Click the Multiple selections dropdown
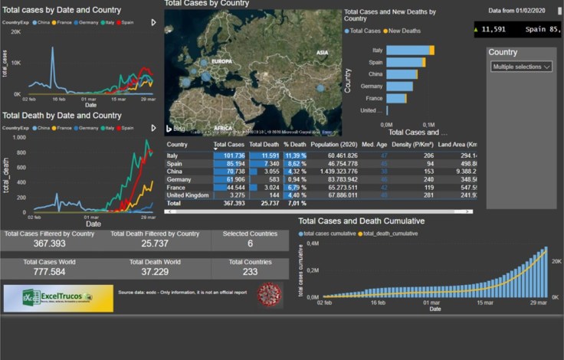522,67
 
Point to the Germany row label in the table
179,178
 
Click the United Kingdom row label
188,195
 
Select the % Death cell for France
296,187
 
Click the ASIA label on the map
323,52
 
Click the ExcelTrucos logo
57,298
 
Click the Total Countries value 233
250,272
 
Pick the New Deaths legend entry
405,31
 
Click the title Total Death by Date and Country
61,116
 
